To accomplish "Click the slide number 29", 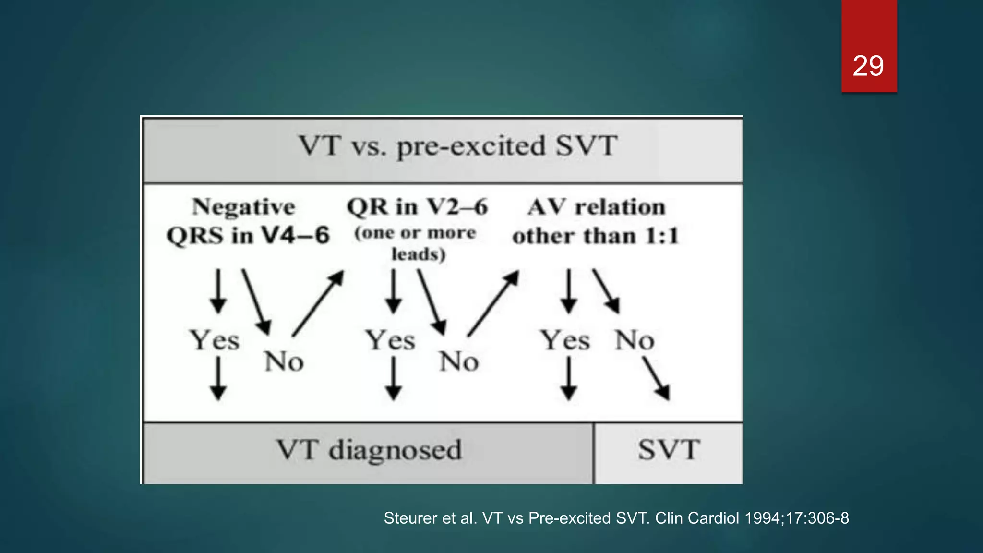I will pyautogui.click(x=868, y=66).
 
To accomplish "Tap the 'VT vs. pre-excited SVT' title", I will pyautogui.click(x=458, y=146).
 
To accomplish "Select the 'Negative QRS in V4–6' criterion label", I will pyautogui.click(x=247, y=221).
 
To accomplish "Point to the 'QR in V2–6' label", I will pyautogui.click(x=417, y=207).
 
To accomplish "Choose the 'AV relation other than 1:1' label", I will pyautogui.click(x=596, y=221).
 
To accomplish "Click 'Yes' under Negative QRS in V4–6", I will pyautogui.click(x=215, y=340).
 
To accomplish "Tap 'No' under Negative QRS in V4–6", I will pyautogui.click(x=284, y=361).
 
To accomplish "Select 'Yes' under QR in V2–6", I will pyautogui.click(x=390, y=340).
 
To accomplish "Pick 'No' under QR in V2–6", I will pyautogui.click(x=459, y=361).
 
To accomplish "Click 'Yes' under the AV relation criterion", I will pyautogui.click(x=565, y=340).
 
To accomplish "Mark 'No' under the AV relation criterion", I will pyautogui.click(x=635, y=340).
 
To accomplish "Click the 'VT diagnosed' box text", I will pyautogui.click(x=369, y=450).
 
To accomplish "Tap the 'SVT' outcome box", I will pyautogui.click(x=669, y=450).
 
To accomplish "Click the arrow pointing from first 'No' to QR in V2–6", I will pyautogui.click(x=318, y=303).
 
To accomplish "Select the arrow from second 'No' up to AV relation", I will pyautogui.click(x=493, y=303).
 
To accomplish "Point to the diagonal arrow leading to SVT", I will pyautogui.click(x=656, y=379).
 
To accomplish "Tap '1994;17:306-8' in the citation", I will pyautogui.click(x=797, y=518).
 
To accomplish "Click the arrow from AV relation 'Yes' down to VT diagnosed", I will pyautogui.click(x=569, y=379).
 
